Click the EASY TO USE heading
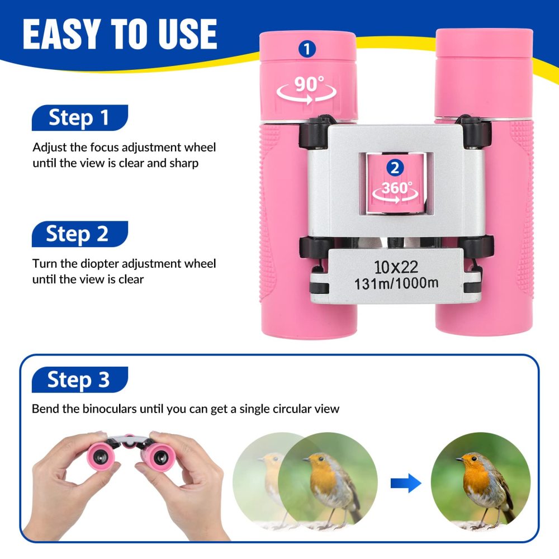pyautogui.click(x=120, y=35)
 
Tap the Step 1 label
pyautogui.click(x=79, y=118)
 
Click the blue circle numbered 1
pyautogui.click(x=307, y=49)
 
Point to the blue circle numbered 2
pyautogui.click(x=395, y=168)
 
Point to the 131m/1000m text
pyautogui.click(x=396, y=283)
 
